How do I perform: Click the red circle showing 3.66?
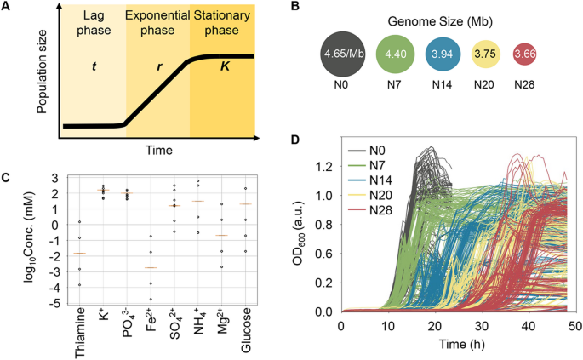tap(530, 54)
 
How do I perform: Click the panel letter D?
tap(295, 139)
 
